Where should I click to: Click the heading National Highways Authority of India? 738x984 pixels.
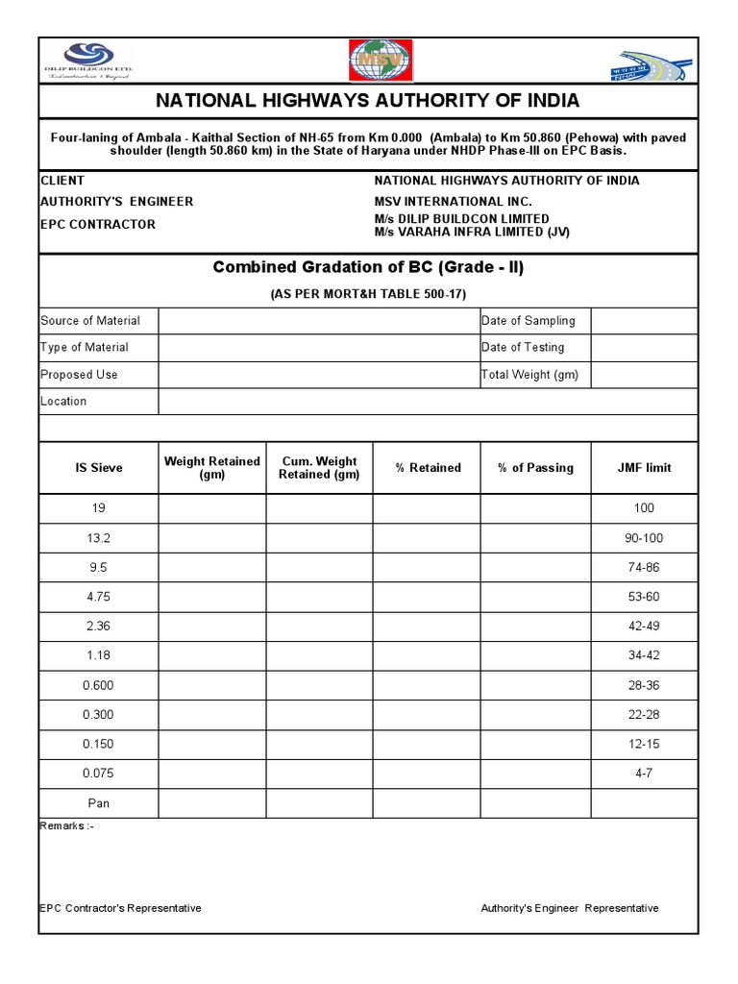coord(368,101)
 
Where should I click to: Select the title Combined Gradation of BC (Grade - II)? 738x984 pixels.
coord(368,267)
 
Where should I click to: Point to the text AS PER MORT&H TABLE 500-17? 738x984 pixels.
coord(368,294)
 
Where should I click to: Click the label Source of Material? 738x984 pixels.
coord(90,321)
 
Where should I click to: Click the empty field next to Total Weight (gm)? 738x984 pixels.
coord(644,375)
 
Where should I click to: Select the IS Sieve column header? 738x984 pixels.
coord(99,468)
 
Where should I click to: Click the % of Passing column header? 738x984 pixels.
coord(535,468)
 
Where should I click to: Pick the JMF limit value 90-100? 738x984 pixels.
coord(644,538)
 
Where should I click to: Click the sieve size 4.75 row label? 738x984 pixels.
coord(99,597)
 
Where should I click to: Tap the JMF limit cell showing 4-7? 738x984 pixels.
coord(644,774)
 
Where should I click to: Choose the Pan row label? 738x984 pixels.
coord(99,802)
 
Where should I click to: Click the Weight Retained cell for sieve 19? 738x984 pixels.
coord(212,508)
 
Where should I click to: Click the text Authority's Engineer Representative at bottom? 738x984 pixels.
coord(570,908)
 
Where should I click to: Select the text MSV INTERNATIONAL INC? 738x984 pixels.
coord(453,202)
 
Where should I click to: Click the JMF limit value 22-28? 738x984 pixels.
coord(644,715)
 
